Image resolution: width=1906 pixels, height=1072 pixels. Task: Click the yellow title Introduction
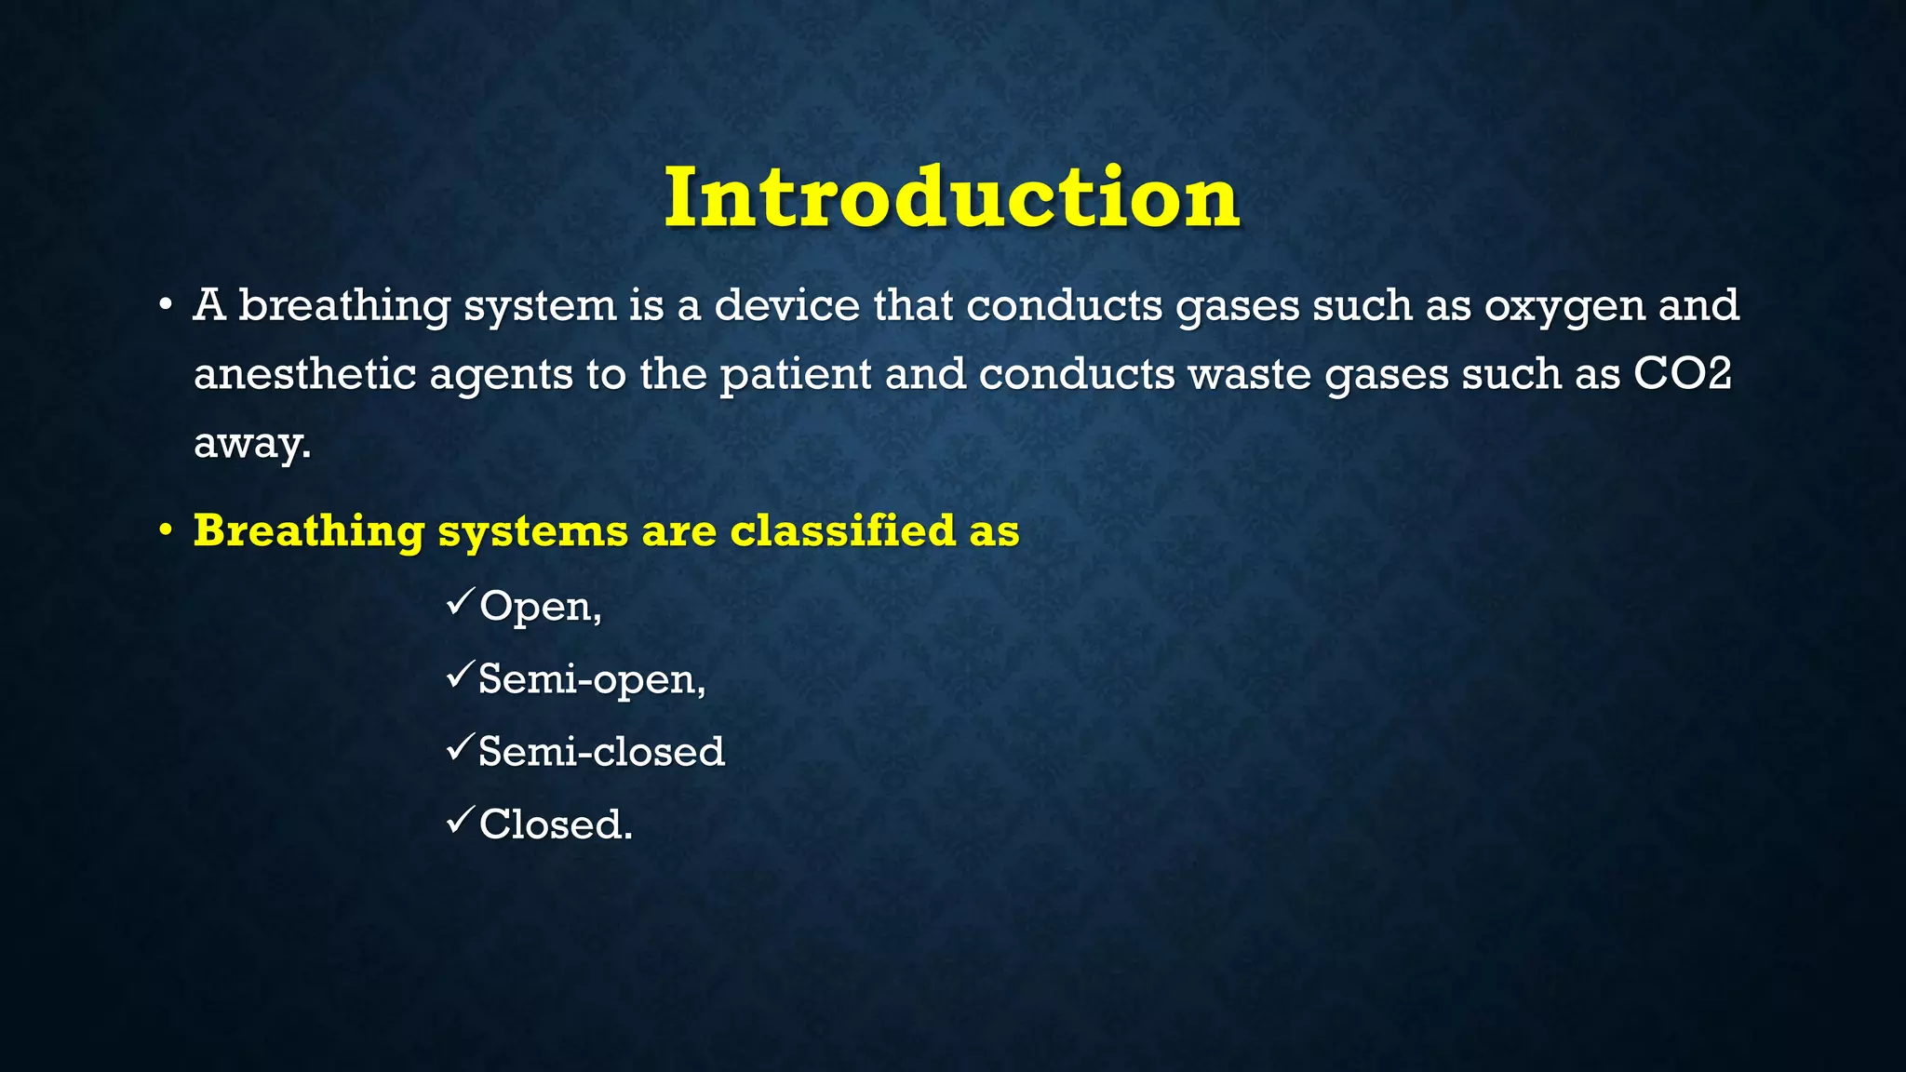[951, 197]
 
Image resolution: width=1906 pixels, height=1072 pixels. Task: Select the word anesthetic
[304, 374]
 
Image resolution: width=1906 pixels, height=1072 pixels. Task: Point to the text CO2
[1683, 374]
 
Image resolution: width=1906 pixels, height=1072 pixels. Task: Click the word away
[251, 443]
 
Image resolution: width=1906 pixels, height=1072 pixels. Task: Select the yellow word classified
[843, 530]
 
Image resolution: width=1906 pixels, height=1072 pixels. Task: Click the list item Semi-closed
[601, 751]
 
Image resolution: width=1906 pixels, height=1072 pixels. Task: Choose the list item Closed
[556, 824]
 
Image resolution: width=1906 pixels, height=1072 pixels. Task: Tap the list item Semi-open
[592, 679]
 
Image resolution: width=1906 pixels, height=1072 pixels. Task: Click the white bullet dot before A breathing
[165, 306]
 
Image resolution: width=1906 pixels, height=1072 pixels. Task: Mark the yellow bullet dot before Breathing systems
[165, 531]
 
